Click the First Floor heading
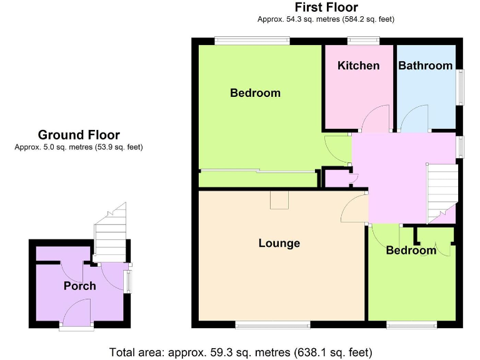point(326,7)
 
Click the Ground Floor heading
point(79,134)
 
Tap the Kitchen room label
point(358,66)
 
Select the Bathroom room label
point(425,66)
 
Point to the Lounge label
point(279,243)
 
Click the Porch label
point(80,286)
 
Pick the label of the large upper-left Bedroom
point(255,93)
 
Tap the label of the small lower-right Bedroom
point(411,251)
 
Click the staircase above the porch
point(111,237)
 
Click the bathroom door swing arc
point(413,119)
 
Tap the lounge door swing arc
point(354,208)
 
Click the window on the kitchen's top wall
point(363,41)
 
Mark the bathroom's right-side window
point(461,85)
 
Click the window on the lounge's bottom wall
point(272,324)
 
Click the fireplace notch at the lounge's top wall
point(279,199)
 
